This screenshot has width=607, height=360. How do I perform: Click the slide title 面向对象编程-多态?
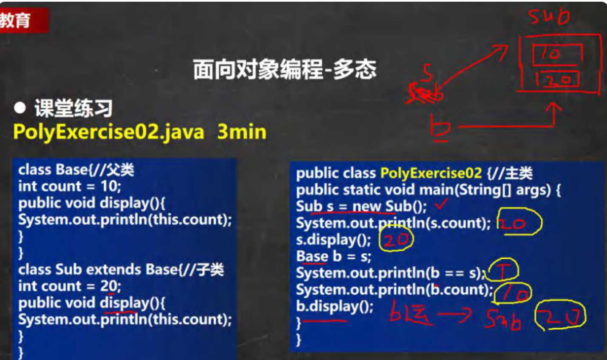point(284,69)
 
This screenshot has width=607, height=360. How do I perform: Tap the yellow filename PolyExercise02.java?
point(108,132)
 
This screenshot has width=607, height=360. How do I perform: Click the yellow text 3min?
point(241,132)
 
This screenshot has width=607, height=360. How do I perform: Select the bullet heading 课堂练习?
point(73,108)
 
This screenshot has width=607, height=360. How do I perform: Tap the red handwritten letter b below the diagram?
point(441,128)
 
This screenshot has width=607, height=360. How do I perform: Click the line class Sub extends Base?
point(121,269)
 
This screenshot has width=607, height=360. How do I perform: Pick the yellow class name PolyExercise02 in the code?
point(431,173)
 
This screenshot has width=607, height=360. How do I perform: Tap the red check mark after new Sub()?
point(442,204)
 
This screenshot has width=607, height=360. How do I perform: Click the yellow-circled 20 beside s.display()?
point(396,240)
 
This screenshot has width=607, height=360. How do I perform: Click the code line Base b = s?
point(334,256)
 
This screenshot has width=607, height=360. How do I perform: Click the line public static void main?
point(428,190)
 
